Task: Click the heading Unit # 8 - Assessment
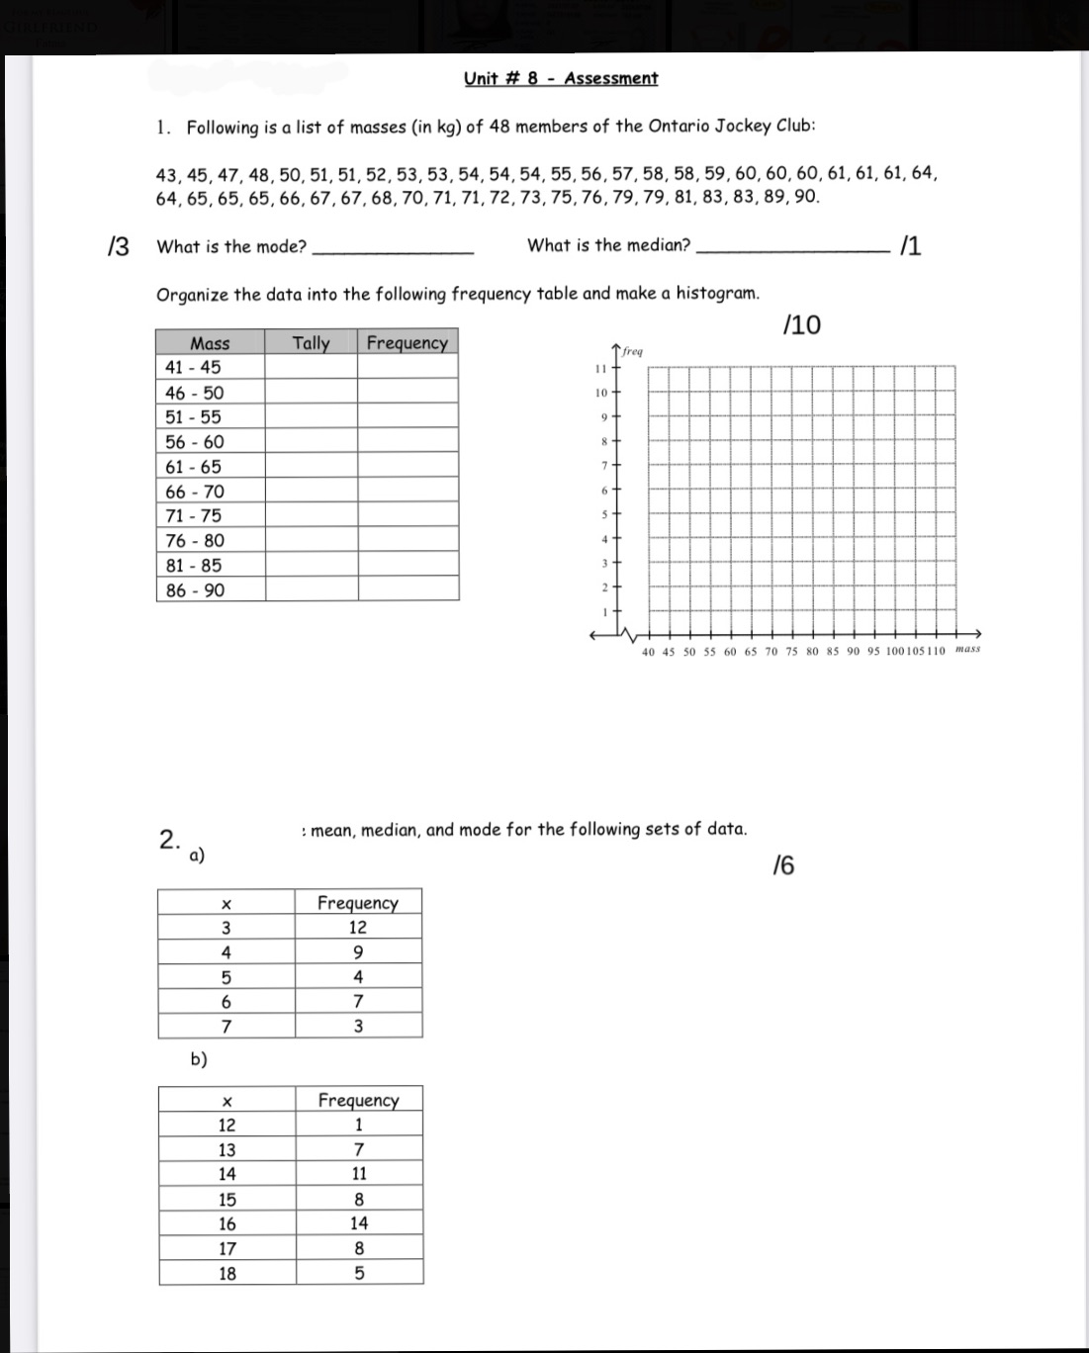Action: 560,79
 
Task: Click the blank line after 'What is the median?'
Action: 792,250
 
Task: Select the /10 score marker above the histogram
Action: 800,325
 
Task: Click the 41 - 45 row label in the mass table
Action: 194,367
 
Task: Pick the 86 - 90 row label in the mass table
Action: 195,590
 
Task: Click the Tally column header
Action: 311,342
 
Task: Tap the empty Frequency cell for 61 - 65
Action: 408,467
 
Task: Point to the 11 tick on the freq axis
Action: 598,368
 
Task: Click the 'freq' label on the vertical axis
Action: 633,351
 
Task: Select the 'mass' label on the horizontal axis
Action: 968,650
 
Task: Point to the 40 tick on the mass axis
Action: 648,652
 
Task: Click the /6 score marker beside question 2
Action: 782,866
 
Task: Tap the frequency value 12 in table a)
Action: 358,928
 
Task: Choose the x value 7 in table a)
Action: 227,1027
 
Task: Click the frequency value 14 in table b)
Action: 359,1223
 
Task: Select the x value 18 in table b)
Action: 227,1274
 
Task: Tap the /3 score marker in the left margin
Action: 118,247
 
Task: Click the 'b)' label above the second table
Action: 199,1059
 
